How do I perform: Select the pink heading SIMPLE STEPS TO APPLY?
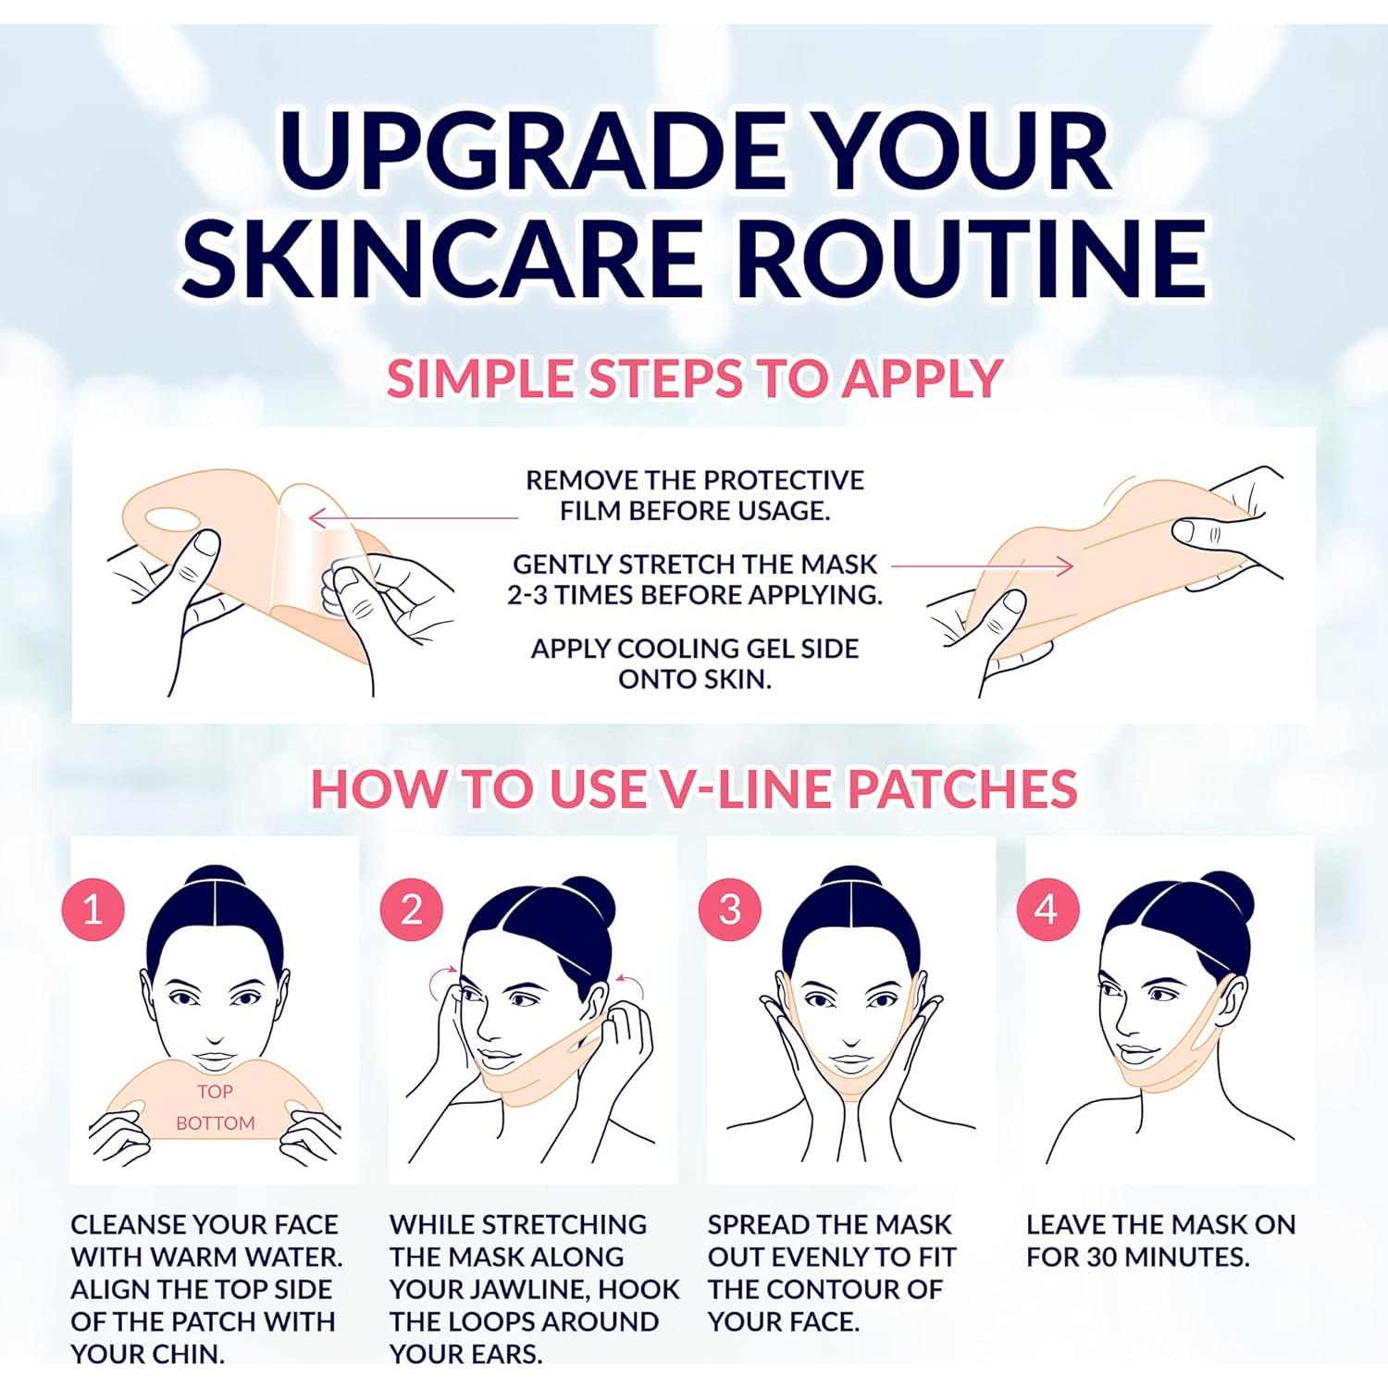pos(694,378)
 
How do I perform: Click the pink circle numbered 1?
pos(93,910)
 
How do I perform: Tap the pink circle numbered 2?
pos(411,910)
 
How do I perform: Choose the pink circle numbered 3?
pos(730,910)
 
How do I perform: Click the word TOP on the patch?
pos(215,1092)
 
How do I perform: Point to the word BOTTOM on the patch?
pos(215,1123)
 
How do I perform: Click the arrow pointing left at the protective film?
pos(412,517)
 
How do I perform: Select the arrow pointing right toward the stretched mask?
pos(981,565)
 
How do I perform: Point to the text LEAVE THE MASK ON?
pos(1160,1224)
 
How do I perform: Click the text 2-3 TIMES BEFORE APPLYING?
pos(694,594)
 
